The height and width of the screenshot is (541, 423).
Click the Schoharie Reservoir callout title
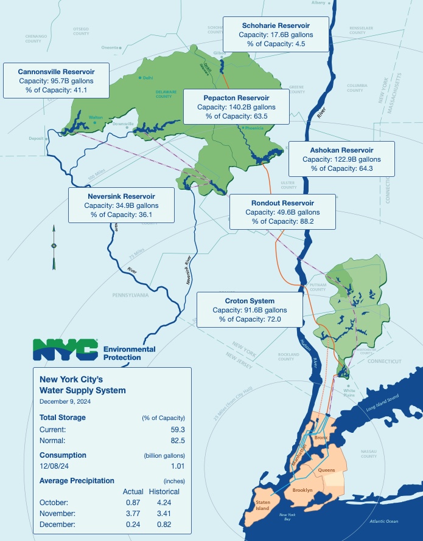pos(276,26)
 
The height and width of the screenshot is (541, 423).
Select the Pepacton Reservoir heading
pos(236,97)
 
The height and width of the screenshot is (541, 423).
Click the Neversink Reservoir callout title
pos(121,196)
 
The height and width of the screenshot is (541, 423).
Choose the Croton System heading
pos(250,301)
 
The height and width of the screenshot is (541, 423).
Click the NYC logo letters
pos(66,349)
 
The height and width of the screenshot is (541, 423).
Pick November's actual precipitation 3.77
pos(133,514)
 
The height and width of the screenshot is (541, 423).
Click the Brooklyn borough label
pos(302,490)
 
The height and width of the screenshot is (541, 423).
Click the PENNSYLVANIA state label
pos(130,295)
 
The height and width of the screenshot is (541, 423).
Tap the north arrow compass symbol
pos(54,247)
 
